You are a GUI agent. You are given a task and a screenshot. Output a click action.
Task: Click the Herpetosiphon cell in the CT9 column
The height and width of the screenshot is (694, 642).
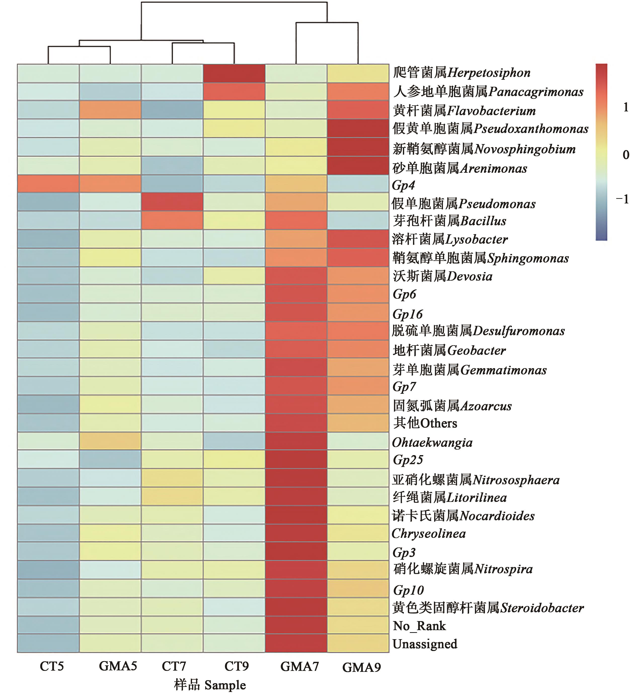coord(234,73)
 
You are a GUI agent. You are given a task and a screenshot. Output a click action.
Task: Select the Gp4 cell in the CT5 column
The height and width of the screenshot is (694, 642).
coord(48,183)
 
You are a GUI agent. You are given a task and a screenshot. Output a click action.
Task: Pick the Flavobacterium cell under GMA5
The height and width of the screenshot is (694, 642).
coord(110,110)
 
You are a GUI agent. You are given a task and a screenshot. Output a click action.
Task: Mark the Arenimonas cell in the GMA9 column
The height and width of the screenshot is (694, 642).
coord(358,165)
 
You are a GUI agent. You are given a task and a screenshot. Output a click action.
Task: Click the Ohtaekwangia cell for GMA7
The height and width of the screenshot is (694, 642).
coord(296,441)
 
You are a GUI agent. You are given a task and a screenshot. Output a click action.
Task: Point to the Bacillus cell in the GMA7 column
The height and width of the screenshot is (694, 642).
coord(296,220)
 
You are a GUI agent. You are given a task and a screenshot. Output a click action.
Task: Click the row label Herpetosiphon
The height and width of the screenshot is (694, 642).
coord(462,73)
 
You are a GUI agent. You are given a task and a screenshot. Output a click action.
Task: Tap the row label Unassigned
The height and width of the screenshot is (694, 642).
coord(425,644)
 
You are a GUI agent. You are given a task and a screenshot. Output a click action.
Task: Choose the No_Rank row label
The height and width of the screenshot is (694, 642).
coord(419,626)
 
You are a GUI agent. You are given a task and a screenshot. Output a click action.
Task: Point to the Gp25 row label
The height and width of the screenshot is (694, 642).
coord(408,460)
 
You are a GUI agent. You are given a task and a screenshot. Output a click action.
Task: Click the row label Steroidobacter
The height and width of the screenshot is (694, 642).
coord(488,608)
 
